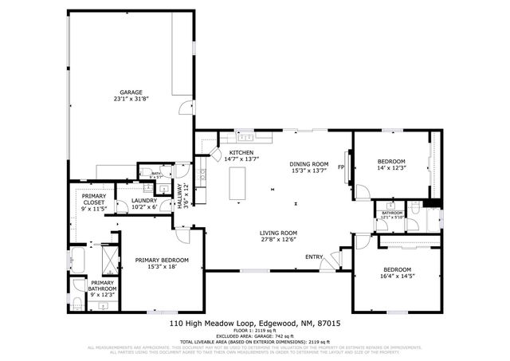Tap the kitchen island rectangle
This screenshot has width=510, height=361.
point(237,184)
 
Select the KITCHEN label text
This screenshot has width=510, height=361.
point(241,152)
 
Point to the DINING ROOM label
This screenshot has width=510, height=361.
point(308,163)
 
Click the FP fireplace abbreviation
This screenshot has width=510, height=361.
point(340,167)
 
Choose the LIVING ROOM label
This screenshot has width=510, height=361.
point(277,233)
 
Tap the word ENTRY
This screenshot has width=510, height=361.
point(314,257)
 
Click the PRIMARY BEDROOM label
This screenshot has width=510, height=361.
point(161,261)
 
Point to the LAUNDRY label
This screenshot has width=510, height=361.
point(143,201)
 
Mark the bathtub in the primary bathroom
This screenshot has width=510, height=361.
point(78,259)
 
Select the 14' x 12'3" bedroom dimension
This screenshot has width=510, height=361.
point(391,168)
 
